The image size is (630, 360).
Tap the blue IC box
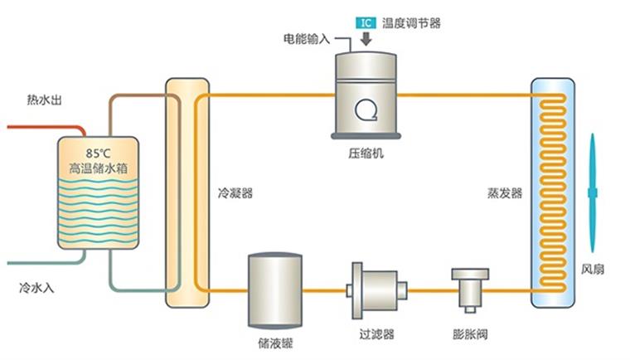click(x=365, y=22)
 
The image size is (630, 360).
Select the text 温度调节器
click(x=411, y=22)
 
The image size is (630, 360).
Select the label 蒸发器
click(x=505, y=193)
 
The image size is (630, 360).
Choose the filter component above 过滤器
click(x=377, y=289)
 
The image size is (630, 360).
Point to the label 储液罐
click(x=275, y=342)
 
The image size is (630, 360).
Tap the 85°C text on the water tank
click(x=97, y=153)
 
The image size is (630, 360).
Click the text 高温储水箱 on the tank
click(x=98, y=168)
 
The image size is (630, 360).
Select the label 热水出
click(x=45, y=101)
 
